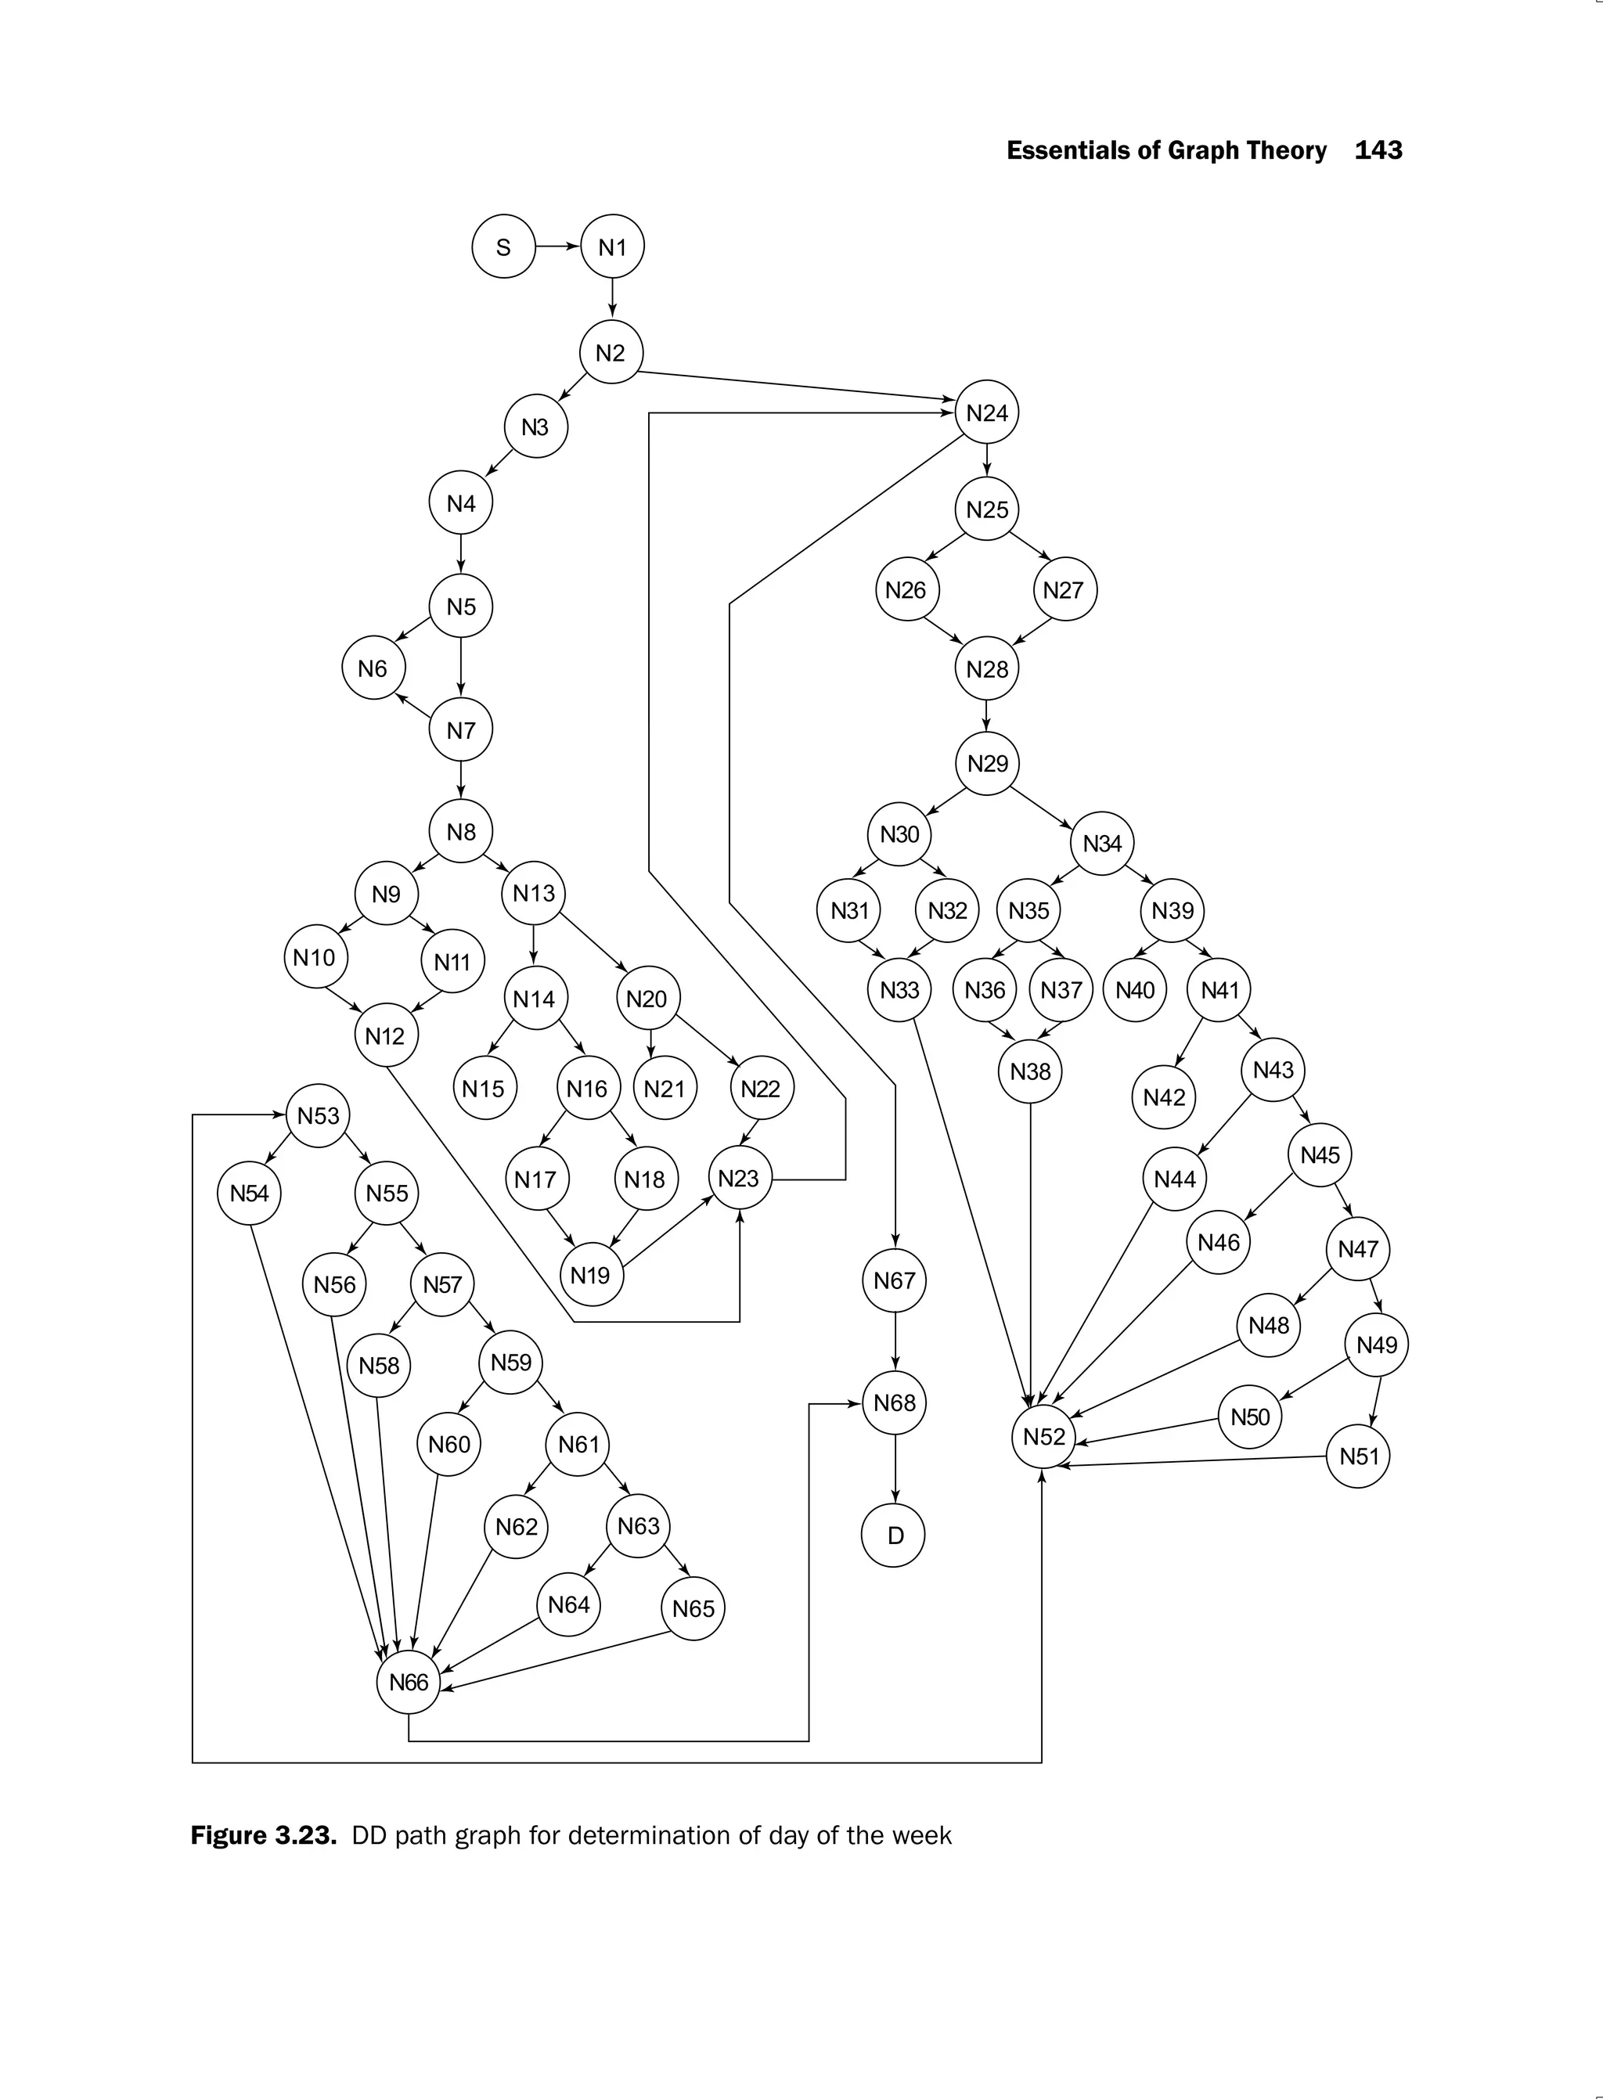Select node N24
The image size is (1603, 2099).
click(x=986, y=412)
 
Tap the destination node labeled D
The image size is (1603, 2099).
click(x=893, y=1536)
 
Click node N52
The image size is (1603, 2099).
click(x=1043, y=1436)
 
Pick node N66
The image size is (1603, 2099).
click(x=409, y=1682)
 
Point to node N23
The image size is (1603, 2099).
click(x=739, y=1179)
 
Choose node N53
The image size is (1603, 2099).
click(x=318, y=1115)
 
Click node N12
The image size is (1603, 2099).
click(x=385, y=1036)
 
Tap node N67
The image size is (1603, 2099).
click(x=894, y=1280)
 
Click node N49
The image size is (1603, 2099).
click(x=1376, y=1345)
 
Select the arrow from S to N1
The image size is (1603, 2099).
click(x=557, y=247)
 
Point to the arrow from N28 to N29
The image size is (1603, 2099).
click(x=985, y=715)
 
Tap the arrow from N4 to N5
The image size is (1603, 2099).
click(x=461, y=554)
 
